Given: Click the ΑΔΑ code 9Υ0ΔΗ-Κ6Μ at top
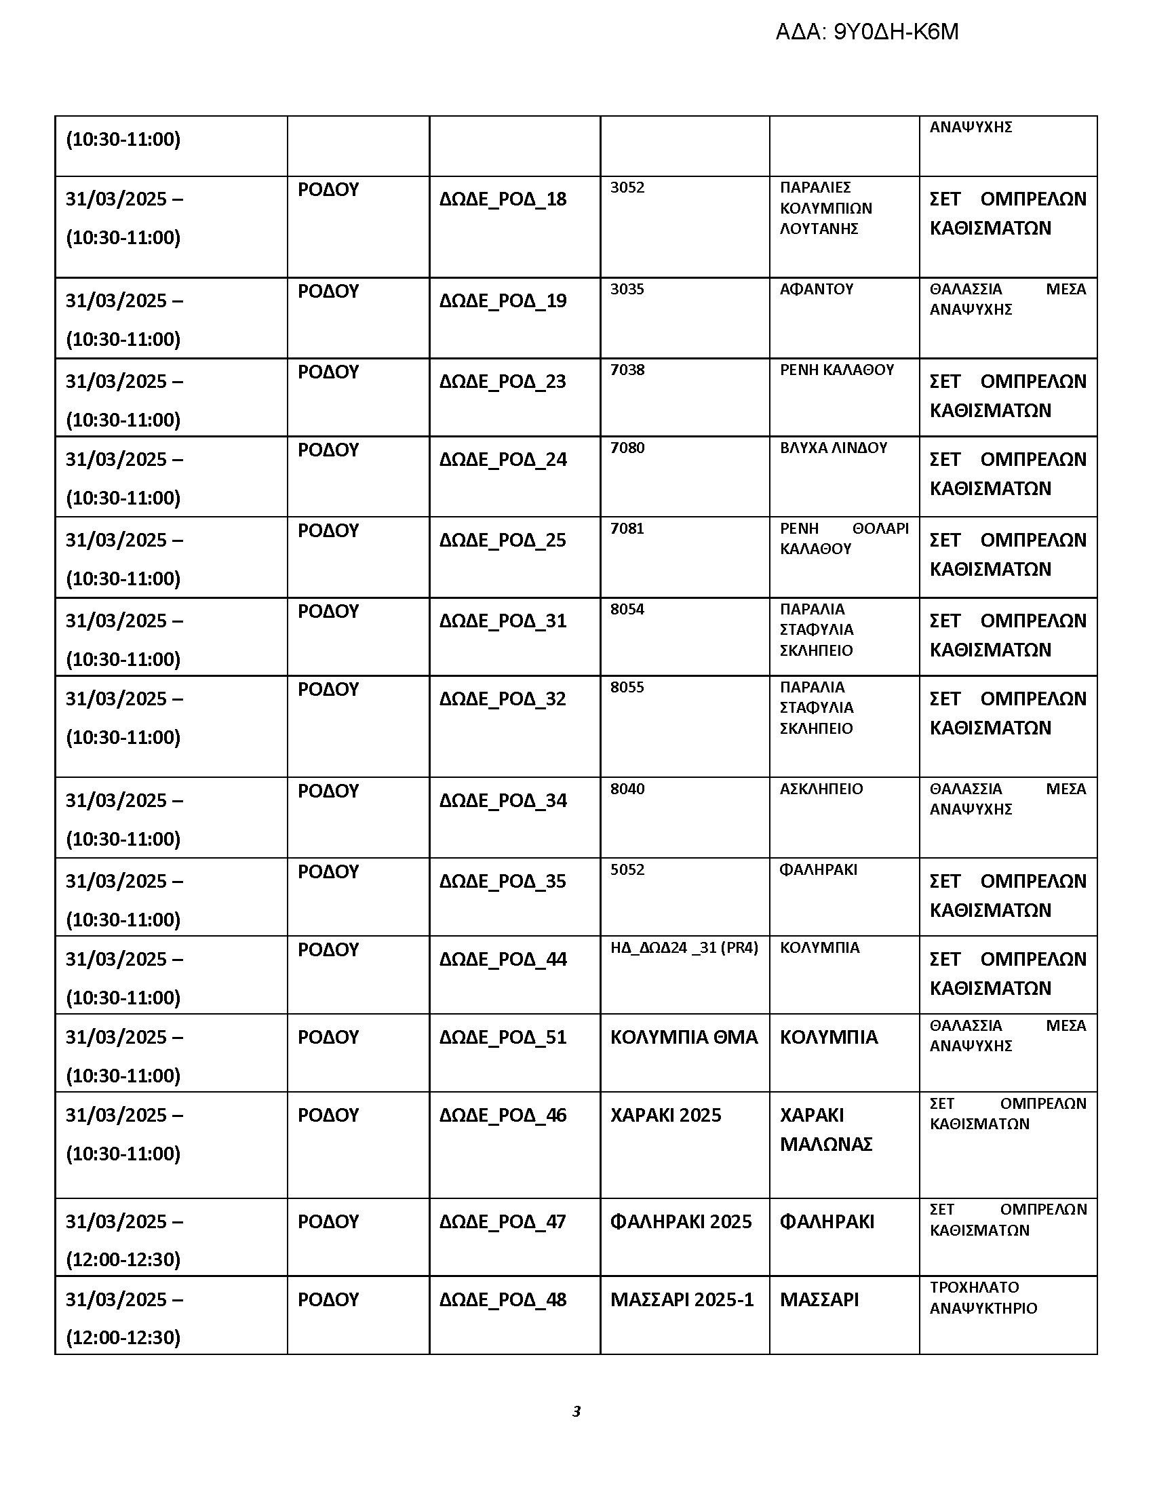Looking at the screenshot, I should (866, 32).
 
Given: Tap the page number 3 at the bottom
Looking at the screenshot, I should (576, 1411).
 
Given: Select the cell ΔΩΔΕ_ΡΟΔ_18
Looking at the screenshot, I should (503, 199).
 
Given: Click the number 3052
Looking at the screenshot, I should (627, 187).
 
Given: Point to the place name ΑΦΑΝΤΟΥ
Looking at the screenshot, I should (816, 289).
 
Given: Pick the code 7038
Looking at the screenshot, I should (627, 370).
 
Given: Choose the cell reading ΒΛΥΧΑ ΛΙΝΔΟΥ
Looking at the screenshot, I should (834, 448).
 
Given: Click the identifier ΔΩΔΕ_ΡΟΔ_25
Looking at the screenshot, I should (503, 540).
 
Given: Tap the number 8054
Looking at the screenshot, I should (627, 609).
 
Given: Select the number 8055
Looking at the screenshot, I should (627, 686).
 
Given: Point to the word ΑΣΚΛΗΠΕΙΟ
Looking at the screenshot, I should (821, 788).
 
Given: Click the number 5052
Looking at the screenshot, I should (627, 869).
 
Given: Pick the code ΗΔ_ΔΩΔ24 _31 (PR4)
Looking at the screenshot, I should (684, 947).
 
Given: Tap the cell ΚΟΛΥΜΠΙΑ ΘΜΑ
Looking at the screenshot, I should (684, 1037).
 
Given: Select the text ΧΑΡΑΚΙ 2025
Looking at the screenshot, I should (665, 1115).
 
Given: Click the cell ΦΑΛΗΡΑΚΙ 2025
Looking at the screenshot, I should (680, 1221).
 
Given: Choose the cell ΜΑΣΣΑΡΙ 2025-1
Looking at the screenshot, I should (682, 1299).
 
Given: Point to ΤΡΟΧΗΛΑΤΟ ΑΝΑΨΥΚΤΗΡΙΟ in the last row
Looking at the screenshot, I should (983, 1297).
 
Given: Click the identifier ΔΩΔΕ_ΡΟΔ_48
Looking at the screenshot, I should (503, 1299).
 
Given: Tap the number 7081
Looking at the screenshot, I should (627, 528).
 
